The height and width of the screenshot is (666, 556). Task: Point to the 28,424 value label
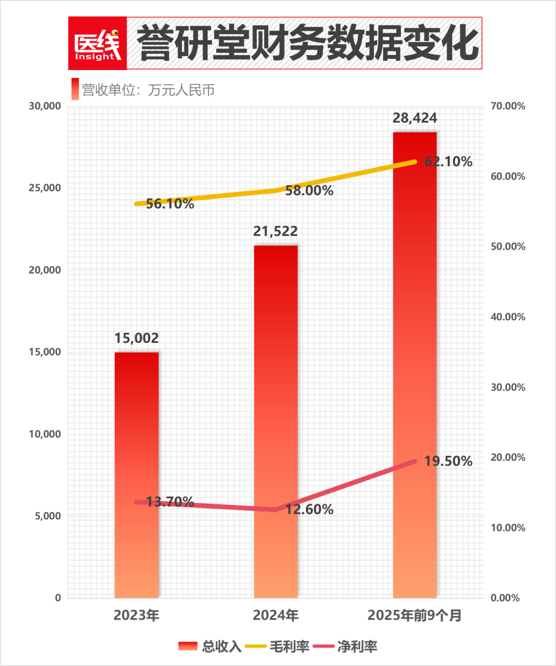click(x=414, y=118)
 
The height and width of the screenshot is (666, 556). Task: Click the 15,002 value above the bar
click(x=136, y=338)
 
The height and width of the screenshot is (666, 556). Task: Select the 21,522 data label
click(x=275, y=231)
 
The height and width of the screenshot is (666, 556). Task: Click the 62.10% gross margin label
click(x=448, y=162)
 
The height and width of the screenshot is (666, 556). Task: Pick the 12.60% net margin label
click(x=309, y=509)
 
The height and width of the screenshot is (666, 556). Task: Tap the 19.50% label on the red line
click(x=448, y=461)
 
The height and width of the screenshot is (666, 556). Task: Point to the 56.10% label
click(x=170, y=204)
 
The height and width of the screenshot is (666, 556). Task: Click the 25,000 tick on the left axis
click(x=45, y=188)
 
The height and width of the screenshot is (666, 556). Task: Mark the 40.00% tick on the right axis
click(x=508, y=317)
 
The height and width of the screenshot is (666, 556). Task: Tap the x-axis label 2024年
click(x=275, y=615)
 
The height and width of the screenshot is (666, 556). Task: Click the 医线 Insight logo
click(x=97, y=43)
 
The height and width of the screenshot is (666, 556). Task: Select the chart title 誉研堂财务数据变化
click(x=308, y=43)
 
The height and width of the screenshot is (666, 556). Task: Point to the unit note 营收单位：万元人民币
click(x=148, y=90)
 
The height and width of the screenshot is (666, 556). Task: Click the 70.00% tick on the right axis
click(x=508, y=106)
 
